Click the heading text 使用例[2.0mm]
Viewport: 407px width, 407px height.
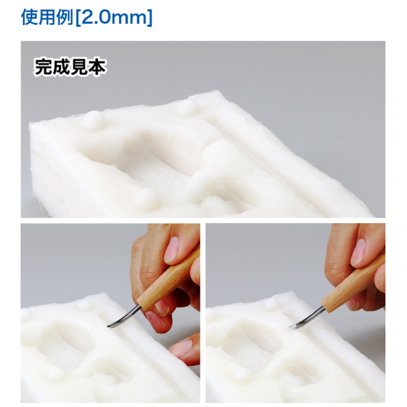coord(87,17)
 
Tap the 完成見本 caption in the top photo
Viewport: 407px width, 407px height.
coord(70,67)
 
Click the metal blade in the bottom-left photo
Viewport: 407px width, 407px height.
coord(125,317)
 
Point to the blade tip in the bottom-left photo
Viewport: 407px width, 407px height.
coord(109,326)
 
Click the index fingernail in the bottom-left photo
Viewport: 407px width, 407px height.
coord(171,249)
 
